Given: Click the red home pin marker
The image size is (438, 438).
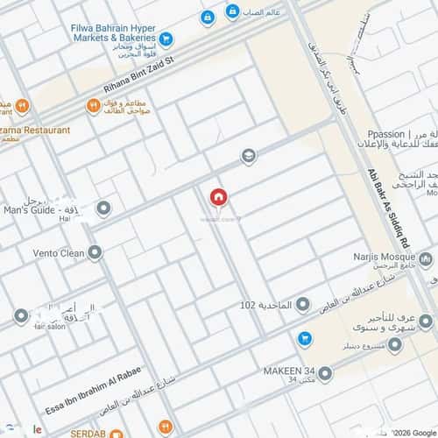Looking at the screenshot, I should [217, 198].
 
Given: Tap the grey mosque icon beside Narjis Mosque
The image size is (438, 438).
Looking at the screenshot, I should [425, 259].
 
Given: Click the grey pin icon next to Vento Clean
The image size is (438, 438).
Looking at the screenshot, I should [95, 252].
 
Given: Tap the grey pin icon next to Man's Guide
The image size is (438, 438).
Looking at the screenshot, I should [103, 208].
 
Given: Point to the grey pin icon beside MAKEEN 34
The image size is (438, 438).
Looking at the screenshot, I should [326, 374].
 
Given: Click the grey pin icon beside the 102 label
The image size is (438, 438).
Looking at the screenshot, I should [302, 305].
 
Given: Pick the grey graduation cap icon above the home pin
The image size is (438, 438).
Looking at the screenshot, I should [249, 156].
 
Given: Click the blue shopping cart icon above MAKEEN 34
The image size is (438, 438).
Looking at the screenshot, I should [304, 338].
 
